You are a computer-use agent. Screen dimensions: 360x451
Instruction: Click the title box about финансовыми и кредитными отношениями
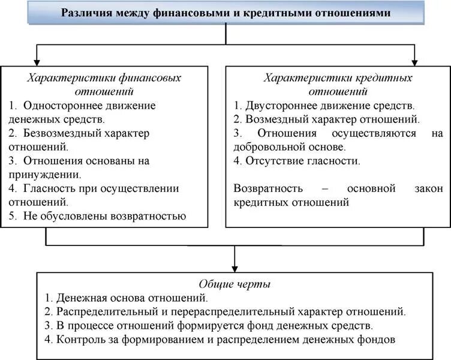pos(225,12)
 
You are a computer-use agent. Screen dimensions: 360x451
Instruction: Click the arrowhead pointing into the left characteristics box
pos(37,61)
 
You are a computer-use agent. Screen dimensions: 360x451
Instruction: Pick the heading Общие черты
pos(234,283)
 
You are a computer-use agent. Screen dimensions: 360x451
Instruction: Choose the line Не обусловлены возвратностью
pos(105,216)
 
